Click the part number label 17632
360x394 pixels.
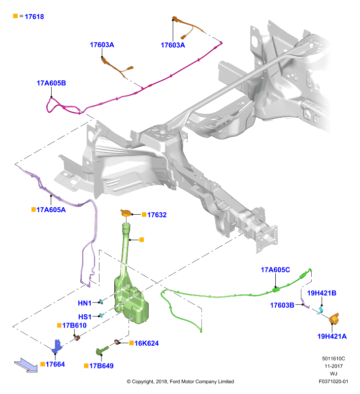click(x=157, y=215)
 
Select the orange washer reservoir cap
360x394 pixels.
click(x=126, y=213)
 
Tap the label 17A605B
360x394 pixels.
click(x=51, y=83)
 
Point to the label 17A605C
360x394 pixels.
click(x=275, y=270)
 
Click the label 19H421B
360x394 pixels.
click(x=322, y=293)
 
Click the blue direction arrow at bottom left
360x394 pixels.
click(x=26, y=365)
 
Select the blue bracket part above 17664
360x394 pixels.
click(x=57, y=346)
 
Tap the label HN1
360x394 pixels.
click(x=85, y=303)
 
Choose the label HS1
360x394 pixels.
click(x=85, y=317)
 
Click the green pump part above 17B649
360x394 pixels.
click(x=102, y=350)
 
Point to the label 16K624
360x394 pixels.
click(x=146, y=343)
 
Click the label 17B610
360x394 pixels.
click(x=74, y=326)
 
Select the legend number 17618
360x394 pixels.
click(x=34, y=17)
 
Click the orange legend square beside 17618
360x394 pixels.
click(x=15, y=16)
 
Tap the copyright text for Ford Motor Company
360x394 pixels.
click(x=180, y=381)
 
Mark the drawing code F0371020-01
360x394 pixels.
click(x=333, y=381)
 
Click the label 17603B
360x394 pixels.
click(x=282, y=305)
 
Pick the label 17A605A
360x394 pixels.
click(x=51, y=210)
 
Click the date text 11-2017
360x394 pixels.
click(x=333, y=366)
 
